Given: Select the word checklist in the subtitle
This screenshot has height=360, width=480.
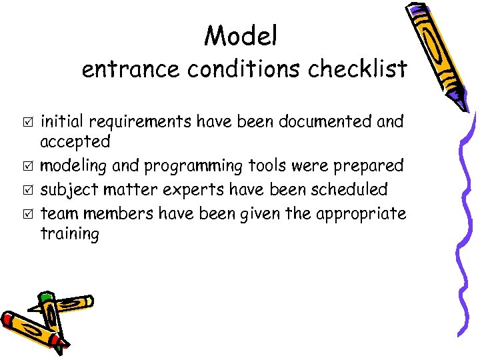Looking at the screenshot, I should (x=357, y=69).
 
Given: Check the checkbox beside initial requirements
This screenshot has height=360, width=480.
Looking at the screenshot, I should (x=27, y=122).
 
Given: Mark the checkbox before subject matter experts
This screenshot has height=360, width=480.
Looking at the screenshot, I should (x=27, y=190).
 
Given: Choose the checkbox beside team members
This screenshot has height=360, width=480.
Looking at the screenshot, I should (x=27, y=214).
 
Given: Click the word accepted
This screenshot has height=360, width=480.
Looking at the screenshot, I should (x=75, y=142).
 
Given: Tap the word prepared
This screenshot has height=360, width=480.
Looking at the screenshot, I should (x=371, y=165).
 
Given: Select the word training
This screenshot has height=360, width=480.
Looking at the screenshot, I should (x=69, y=235).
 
